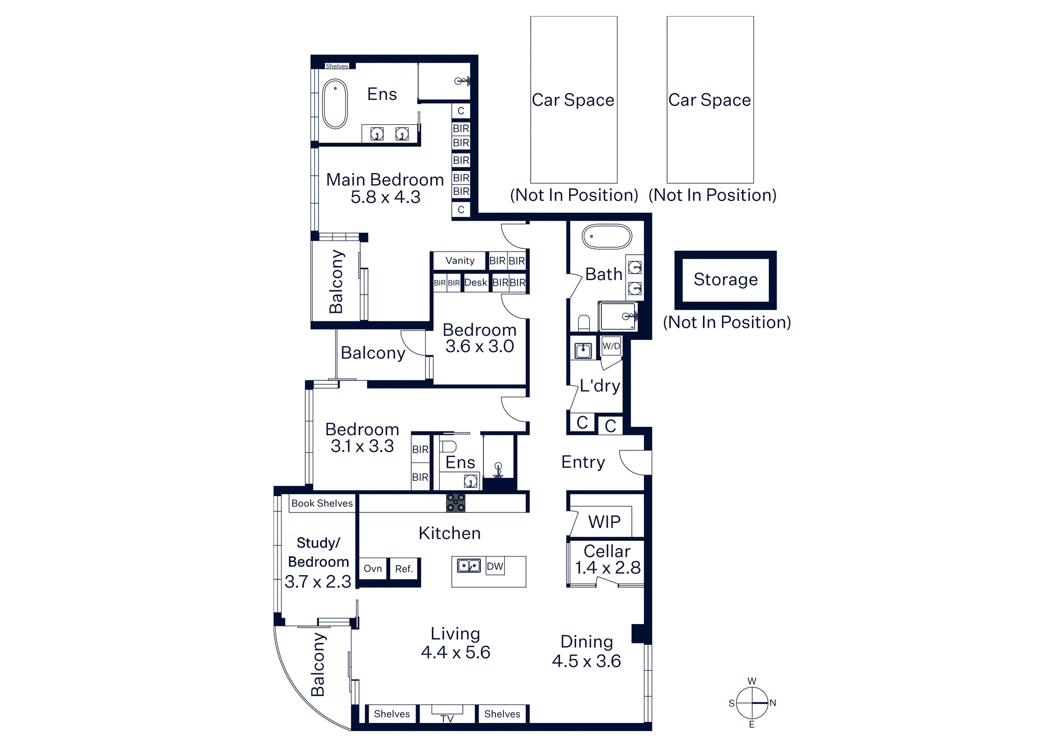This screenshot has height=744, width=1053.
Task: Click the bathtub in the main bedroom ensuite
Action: pos(335,104)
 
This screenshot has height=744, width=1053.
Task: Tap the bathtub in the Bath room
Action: pos(607,237)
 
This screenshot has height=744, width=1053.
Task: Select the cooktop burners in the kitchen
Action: pos(455,502)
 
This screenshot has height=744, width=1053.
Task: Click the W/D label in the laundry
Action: pos(611,346)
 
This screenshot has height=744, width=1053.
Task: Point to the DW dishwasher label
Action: pos(495,566)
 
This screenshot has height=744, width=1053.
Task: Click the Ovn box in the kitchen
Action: pos(373,568)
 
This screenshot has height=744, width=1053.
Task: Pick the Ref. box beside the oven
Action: pos(404,568)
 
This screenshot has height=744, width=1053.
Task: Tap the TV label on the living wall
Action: pos(447,718)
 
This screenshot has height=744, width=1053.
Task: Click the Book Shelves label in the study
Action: pos(322,503)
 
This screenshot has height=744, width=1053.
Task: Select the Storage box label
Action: pos(726,279)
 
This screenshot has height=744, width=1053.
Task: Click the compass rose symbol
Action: pos(752,703)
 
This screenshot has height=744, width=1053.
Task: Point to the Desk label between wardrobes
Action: pos(475,283)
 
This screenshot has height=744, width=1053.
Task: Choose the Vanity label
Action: pos(460,260)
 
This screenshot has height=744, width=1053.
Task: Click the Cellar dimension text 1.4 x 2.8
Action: pos(608,568)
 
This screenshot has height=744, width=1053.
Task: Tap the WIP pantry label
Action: pos(604,521)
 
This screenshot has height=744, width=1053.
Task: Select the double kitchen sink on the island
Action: pos(469,566)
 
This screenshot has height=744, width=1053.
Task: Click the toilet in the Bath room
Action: pos(584,322)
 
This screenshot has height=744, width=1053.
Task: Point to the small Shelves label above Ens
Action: pos(337,66)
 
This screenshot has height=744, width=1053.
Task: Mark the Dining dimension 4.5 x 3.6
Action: pos(587,661)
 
